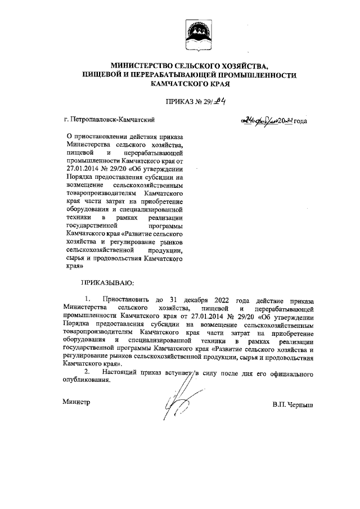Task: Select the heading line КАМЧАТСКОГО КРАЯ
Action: [x=188, y=83]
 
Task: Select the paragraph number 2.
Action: [x=87, y=372]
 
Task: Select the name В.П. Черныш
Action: [x=291, y=404]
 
